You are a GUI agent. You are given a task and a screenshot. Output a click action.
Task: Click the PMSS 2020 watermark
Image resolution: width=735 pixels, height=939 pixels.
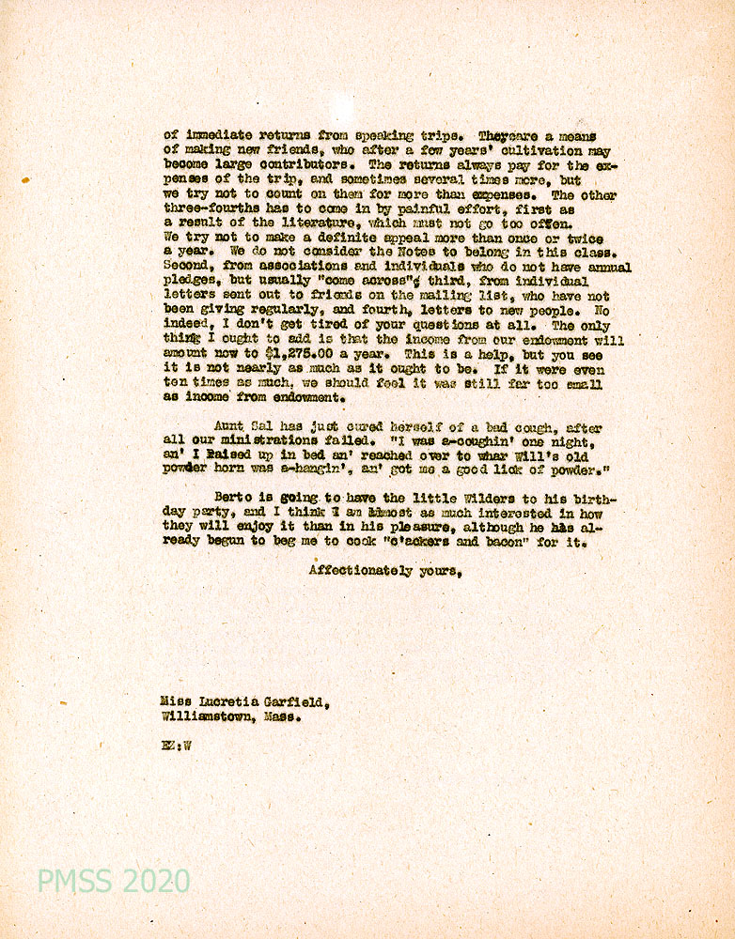click(113, 882)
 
